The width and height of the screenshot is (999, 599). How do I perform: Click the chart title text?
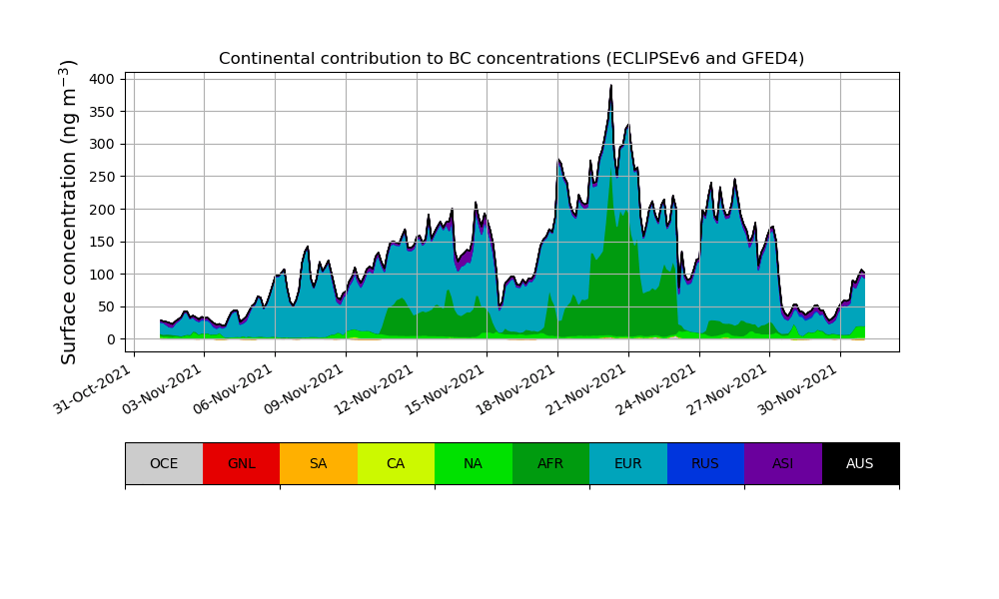coord(511,59)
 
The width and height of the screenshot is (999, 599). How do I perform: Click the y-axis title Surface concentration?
coord(69,212)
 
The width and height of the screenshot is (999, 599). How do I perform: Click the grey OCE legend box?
coord(164,463)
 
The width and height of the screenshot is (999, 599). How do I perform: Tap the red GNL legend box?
coord(241,463)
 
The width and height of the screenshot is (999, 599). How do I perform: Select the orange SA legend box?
coord(318,463)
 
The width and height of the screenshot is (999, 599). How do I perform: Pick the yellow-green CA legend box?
coord(396,463)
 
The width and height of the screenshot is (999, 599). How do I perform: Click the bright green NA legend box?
coord(473,463)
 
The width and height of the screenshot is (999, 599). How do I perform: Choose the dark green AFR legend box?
coord(550,463)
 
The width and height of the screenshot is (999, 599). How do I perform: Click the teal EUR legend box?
coord(627,463)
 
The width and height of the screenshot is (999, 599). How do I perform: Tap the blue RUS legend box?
coord(705,463)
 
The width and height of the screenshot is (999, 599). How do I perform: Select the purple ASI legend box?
coord(782,463)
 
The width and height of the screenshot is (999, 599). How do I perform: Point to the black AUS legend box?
coord(860,463)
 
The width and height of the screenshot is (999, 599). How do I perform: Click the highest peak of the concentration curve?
coord(611,86)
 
